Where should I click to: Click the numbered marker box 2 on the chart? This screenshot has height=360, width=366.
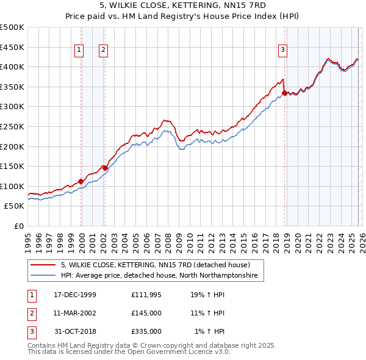[104, 51]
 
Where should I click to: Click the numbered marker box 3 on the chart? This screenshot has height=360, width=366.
[283, 51]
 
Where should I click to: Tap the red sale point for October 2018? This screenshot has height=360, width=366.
[284, 93]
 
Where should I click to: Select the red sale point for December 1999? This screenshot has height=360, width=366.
[81, 181]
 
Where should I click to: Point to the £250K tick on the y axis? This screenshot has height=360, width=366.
[12, 126]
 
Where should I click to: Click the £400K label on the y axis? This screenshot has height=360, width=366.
[12, 67]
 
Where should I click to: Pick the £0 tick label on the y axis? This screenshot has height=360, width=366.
[18, 226]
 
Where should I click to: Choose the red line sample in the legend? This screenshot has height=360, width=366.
[43, 265]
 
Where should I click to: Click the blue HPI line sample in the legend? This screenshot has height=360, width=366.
[43, 276]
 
